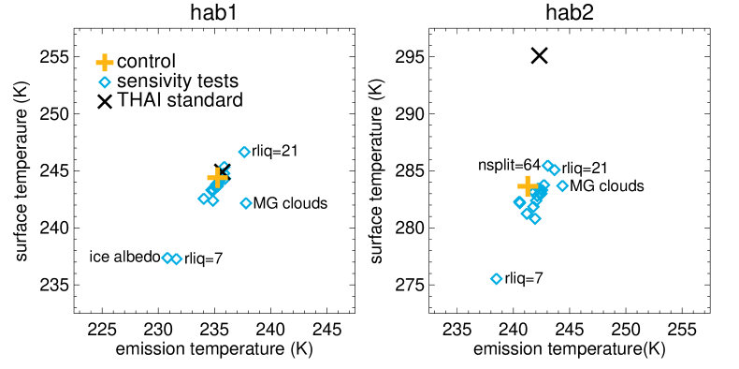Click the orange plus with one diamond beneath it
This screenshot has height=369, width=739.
[105, 63]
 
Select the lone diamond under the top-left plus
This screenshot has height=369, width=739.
[105, 82]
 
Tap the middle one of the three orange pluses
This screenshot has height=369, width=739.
[217, 178]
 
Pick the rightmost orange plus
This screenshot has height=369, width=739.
[528, 185]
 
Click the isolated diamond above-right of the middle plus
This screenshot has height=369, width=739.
[244, 152]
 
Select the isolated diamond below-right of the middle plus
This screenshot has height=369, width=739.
[246, 203]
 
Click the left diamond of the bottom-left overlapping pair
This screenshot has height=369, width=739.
[167, 258]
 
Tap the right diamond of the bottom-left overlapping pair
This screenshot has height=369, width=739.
[176, 259]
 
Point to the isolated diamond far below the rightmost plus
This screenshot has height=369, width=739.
[497, 279]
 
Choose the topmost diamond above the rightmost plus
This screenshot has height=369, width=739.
[547, 166]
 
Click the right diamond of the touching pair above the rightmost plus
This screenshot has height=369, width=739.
[555, 170]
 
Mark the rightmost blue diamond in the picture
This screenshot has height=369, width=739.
[562, 185]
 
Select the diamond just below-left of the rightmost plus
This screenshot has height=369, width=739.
[519, 201]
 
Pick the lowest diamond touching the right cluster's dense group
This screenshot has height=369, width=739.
[535, 219]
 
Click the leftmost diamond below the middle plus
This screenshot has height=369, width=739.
[203, 199]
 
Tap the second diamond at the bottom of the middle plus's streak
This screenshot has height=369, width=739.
[212, 200]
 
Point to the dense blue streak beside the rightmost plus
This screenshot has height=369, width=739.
[538, 198]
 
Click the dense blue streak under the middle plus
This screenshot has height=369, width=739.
[214, 190]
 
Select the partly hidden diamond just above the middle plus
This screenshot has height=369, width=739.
[225, 168]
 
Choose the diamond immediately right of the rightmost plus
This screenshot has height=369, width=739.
[543, 185]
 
